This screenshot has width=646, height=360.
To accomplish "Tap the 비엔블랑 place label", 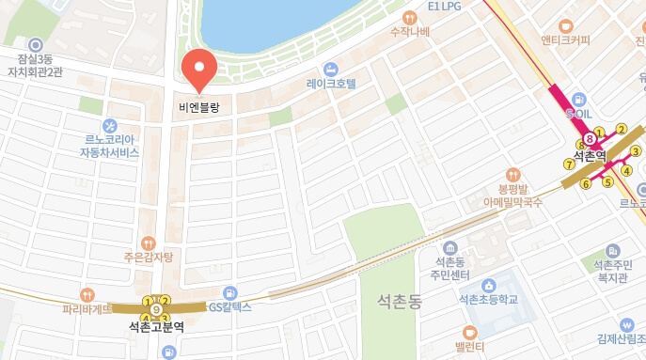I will click(198, 108).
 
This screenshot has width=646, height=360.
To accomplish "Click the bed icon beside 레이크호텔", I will click(330, 69).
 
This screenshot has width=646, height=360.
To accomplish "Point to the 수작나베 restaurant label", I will click(409, 32).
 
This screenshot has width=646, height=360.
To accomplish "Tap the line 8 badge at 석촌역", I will click(589, 139).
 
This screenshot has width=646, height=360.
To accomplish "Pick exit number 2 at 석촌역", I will click(621, 129).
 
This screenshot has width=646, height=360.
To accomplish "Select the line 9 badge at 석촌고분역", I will click(155, 308).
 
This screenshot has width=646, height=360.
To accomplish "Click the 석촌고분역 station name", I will click(156, 327).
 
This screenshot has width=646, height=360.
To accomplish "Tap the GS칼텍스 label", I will click(229, 307).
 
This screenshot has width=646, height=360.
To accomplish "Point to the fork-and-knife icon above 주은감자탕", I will click(146, 243).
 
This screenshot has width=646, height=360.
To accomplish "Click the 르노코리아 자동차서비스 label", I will click(109, 145).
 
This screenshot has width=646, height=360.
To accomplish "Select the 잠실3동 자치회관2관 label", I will click(35, 63).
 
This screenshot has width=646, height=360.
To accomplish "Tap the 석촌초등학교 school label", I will click(488, 300).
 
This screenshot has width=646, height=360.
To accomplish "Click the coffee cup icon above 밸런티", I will click(470, 331).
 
